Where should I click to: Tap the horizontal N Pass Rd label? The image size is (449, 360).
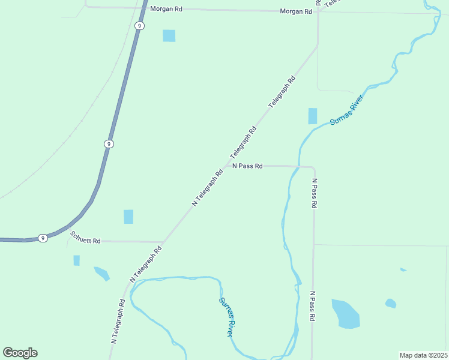(247, 166)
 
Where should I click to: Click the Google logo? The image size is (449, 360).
(20, 353)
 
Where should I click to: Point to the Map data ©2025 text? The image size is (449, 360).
(423, 355)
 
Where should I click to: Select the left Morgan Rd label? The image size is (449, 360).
(166, 9)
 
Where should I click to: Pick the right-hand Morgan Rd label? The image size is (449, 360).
(297, 11)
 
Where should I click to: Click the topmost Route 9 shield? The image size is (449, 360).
(139, 25)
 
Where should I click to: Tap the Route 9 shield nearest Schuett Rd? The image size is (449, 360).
(43, 238)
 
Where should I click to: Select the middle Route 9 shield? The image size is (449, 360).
(108, 144)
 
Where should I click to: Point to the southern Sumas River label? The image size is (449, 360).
(226, 317)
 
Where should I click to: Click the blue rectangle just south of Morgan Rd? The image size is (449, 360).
(169, 36)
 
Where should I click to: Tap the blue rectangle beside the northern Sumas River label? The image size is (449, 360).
(312, 116)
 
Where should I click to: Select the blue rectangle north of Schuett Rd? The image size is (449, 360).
(128, 217)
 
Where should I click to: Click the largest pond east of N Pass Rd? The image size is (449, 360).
(346, 314)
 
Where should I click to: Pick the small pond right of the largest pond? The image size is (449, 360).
(391, 303)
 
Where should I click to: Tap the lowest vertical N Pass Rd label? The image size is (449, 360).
(313, 307)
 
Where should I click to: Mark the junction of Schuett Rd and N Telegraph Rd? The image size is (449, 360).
(163, 242)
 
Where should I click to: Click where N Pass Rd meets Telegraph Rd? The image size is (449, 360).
(228, 165)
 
